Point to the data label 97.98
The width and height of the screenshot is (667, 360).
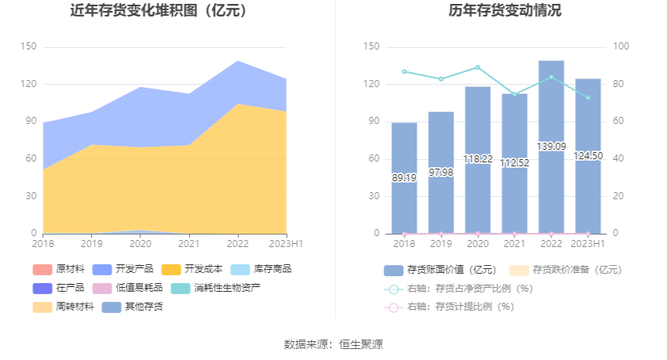click(x=441, y=173)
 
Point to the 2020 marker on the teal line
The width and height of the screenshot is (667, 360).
click(x=478, y=67)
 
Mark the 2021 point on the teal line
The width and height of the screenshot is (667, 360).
click(x=515, y=94)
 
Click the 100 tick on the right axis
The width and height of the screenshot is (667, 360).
click(x=621, y=47)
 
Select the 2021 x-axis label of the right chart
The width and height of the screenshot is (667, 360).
click(x=515, y=244)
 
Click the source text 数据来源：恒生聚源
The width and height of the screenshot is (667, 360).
click(x=333, y=344)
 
